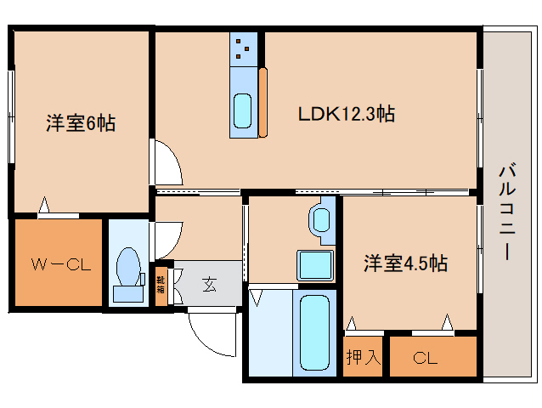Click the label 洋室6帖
[x=80, y=124]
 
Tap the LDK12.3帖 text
[x=345, y=113]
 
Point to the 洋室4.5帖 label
[x=406, y=263]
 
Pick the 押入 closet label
[x=364, y=358]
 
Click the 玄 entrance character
[x=209, y=285]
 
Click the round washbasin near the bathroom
[x=322, y=218]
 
